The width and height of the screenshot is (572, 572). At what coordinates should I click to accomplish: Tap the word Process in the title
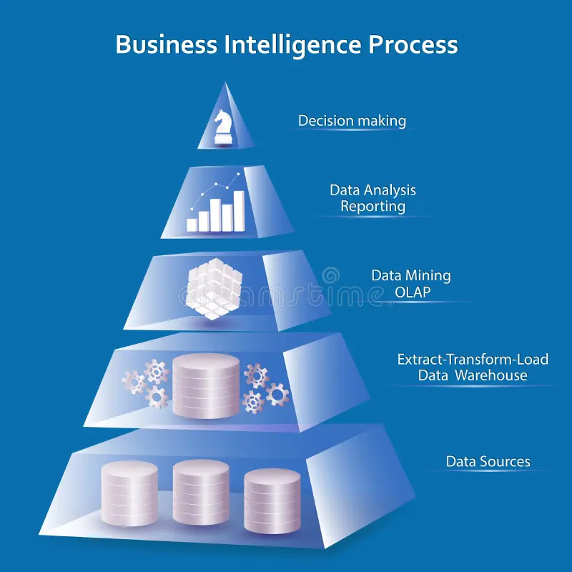(x=413, y=45)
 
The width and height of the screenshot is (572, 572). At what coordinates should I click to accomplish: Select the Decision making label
(x=352, y=121)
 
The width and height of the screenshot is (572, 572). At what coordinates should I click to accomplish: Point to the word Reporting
(x=373, y=207)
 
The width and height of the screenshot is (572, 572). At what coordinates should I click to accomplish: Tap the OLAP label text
(x=410, y=292)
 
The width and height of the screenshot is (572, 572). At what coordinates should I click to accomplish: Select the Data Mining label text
(x=410, y=275)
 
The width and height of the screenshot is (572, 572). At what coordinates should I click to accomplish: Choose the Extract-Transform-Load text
(x=473, y=359)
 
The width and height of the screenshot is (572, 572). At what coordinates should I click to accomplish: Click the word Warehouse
(x=493, y=375)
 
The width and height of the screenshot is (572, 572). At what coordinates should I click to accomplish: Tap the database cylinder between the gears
(x=206, y=386)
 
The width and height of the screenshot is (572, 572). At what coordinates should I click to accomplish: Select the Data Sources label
(x=488, y=461)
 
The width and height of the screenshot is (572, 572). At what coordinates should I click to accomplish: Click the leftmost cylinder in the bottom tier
(x=129, y=493)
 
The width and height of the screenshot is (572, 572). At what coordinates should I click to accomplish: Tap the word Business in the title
(x=167, y=45)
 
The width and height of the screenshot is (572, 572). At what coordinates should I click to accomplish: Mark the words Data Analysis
(x=373, y=190)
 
